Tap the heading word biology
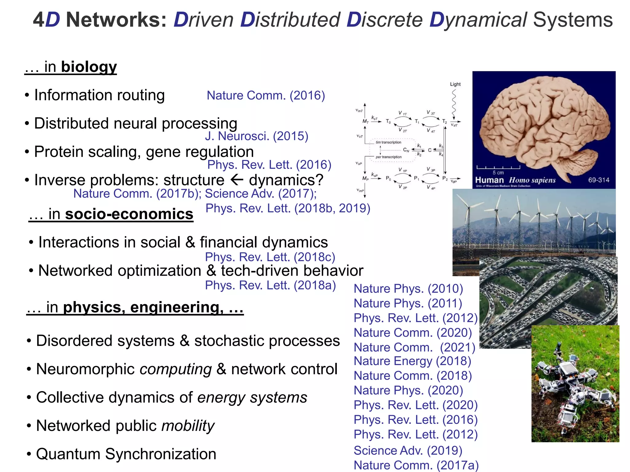coord(89,67)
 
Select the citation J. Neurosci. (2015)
coord(257,136)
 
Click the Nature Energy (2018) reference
coord(412,361)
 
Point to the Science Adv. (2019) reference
coord(408,450)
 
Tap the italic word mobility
coord(188,426)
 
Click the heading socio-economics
coord(129,214)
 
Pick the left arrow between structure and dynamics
coord(237,179)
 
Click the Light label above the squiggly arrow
coord(455,84)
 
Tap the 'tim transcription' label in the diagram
coord(388,142)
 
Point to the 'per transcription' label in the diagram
coord(389,157)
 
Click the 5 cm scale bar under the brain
coord(498,168)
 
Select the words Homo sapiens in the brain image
coord(532,180)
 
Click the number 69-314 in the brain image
coord(599,180)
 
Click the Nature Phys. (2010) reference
coord(408,289)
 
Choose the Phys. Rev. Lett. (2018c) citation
coord(270,257)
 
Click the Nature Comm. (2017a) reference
coord(416,465)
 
